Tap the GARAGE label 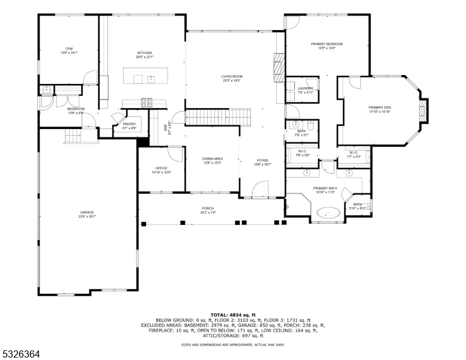(x=88, y=214)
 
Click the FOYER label (x=262, y=161)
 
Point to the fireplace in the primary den (x=423, y=110)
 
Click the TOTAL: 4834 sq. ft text (x=232, y=314)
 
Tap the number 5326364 (x=20, y=355)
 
